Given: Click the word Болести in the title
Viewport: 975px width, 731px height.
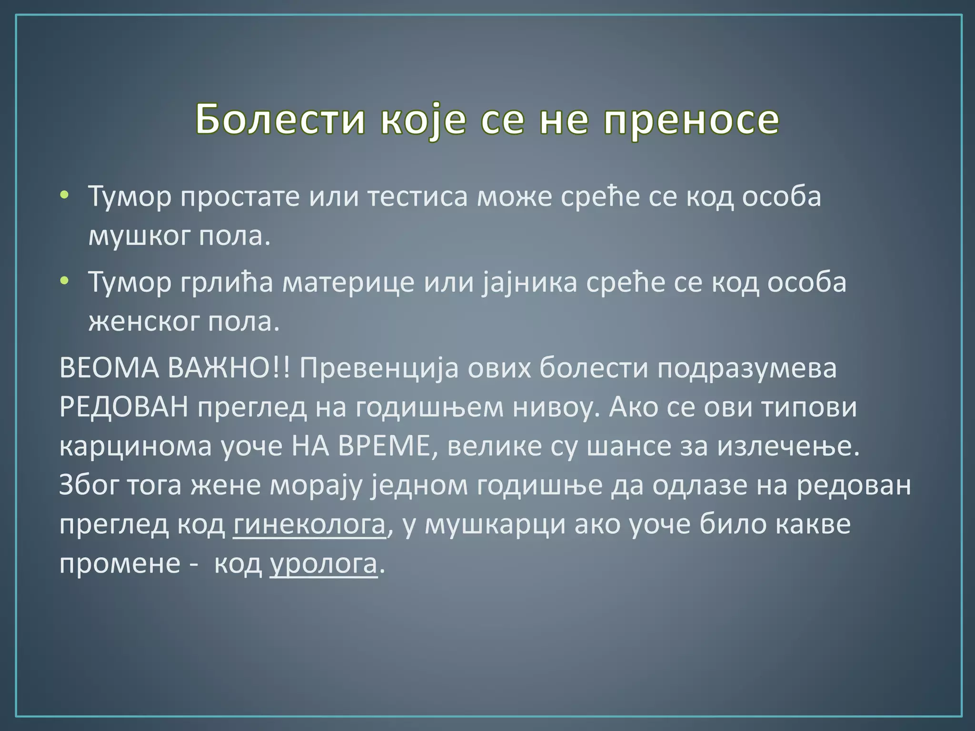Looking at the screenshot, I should coord(280,119).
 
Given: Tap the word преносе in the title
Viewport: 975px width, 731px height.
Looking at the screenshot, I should coord(692,119).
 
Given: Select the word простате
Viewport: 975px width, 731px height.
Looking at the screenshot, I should coord(240,197).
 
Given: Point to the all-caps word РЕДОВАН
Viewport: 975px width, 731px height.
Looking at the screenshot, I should coord(124,407).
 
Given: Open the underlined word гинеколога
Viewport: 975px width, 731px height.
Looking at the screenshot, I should coord(309,524).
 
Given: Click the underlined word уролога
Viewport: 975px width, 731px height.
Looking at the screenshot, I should coord(324,563).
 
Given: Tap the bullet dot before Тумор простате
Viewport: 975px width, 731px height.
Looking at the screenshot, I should coord(65,195).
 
